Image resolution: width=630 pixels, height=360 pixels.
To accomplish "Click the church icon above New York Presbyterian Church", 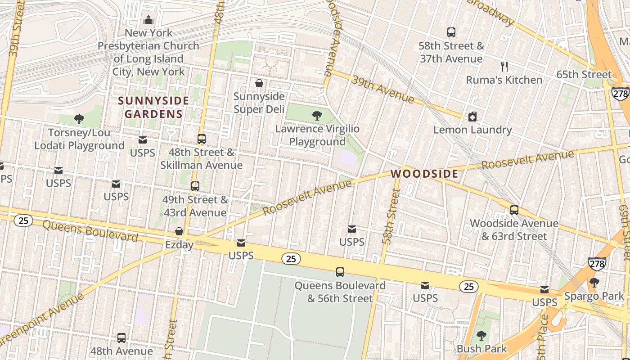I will (x=148, y=20).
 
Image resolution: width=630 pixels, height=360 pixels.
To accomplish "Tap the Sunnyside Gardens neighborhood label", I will (x=153, y=107).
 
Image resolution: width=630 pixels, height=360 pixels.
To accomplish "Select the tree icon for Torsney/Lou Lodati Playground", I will (x=79, y=119).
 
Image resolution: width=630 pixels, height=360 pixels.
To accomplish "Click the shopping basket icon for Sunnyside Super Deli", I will (x=259, y=83).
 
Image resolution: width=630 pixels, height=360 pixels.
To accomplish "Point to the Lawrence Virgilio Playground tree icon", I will (x=317, y=116).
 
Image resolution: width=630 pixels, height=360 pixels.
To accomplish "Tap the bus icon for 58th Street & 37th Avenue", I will (x=451, y=32).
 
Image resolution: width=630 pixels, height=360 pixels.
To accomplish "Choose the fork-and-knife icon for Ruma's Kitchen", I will (x=504, y=67).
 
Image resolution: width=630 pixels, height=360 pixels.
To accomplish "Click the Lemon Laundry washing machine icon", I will (x=472, y=117).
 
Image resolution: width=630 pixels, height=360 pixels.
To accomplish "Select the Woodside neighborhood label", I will (x=424, y=174).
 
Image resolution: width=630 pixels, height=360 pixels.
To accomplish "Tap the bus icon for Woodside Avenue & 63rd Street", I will (x=514, y=210).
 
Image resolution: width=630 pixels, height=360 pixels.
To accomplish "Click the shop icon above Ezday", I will (x=179, y=232).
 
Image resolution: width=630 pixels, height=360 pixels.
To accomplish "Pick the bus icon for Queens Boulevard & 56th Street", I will (x=340, y=272).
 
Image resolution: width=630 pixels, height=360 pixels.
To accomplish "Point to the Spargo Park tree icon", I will (x=594, y=283).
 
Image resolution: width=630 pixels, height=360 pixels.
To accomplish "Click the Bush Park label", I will (x=481, y=349).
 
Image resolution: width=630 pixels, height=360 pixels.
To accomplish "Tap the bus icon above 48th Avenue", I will (x=121, y=338).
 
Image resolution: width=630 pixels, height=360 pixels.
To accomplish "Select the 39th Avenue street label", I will (x=382, y=89).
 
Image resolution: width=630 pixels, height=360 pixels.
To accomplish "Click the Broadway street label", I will (x=491, y=12).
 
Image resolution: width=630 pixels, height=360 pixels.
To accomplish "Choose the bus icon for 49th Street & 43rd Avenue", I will (x=195, y=186).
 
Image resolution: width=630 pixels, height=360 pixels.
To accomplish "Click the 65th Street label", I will (x=584, y=75).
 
